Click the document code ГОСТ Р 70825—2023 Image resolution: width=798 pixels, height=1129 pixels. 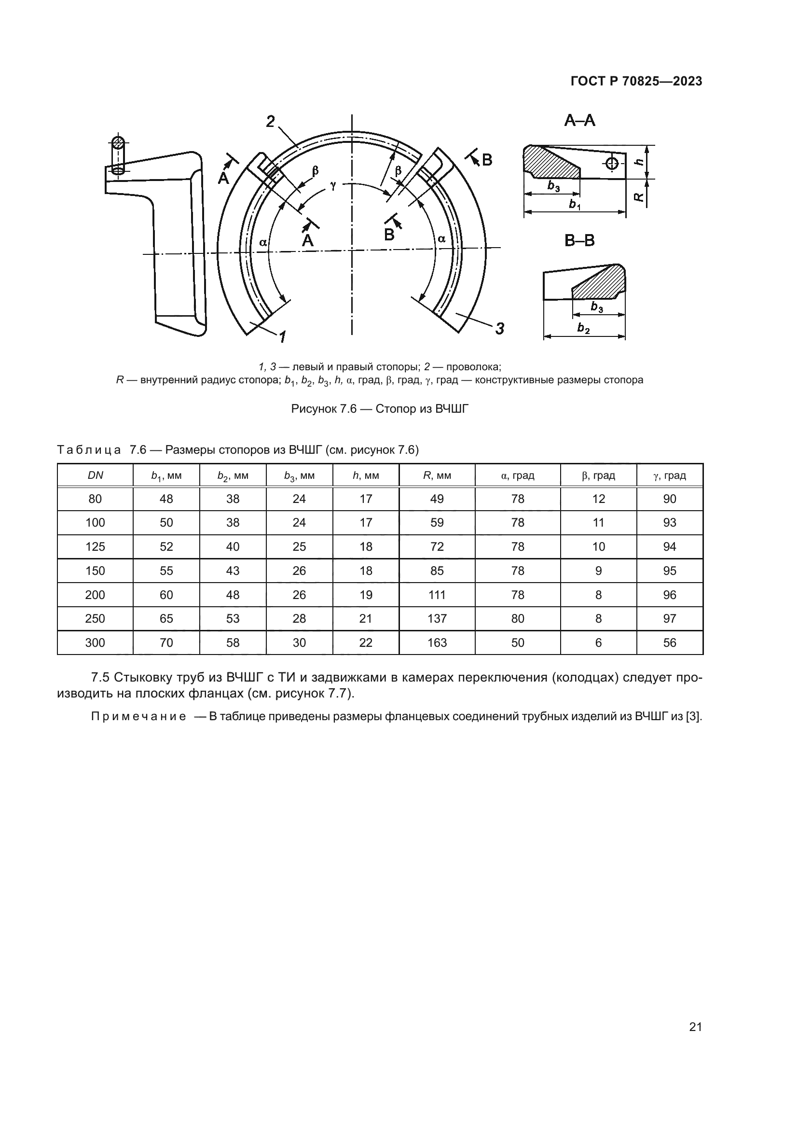636,82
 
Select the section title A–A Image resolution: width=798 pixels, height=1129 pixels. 580,121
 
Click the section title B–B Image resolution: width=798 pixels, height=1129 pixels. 580,241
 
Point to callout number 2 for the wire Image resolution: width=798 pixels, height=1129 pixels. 270,121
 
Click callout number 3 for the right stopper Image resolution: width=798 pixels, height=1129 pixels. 500,328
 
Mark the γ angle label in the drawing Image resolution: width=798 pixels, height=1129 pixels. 333,185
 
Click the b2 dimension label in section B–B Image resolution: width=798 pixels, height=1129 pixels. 583,328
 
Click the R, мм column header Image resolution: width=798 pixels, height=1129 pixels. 437,475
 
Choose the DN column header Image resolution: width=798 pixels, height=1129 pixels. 96,475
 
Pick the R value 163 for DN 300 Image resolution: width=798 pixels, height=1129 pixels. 437,642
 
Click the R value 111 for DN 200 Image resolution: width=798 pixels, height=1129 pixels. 437,595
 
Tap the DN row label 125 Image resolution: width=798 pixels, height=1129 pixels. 96,547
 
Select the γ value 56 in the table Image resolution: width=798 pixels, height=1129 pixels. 670,642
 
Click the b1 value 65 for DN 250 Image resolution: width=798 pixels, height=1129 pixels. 166,619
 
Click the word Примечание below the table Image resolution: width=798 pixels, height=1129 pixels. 138,716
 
